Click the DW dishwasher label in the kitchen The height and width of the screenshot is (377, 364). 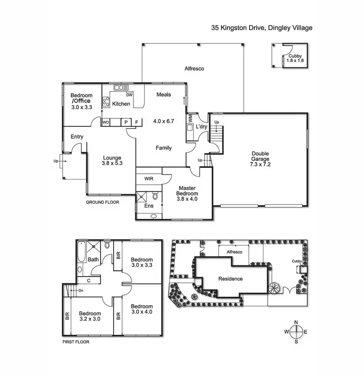tap(130, 95)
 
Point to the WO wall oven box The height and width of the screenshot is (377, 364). tap(106, 123)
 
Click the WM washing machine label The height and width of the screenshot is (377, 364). tap(190, 118)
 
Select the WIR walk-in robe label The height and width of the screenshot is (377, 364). tap(149, 179)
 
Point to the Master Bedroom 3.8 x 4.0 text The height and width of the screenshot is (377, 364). tap(187, 193)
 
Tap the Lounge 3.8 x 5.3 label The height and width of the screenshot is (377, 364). tap(112, 161)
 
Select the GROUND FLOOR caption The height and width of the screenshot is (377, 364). tap(102, 202)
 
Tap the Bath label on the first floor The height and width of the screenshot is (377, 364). tap(93, 260)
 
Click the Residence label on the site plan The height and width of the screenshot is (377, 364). tap(230, 279)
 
